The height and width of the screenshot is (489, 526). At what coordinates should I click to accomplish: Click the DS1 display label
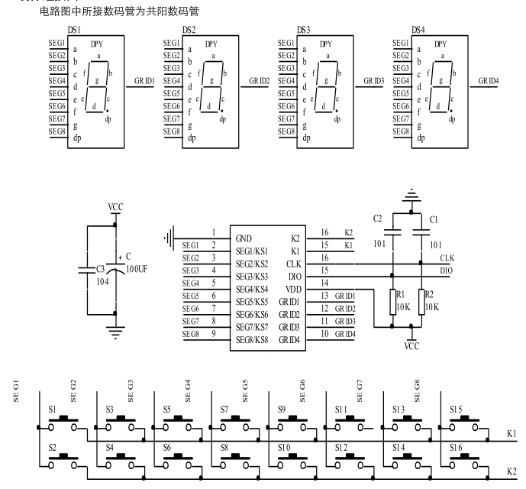tap(74, 29)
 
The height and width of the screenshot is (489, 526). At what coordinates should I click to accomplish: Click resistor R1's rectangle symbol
tap(392, 301)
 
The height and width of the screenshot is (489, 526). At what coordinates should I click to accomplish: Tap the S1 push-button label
tap(53, 410)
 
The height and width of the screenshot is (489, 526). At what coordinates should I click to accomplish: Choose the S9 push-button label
tap(282, 410)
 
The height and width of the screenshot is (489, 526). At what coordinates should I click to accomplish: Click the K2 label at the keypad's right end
tap(511, 472)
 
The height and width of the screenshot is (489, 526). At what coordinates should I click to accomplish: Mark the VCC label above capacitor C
tap(115, 206)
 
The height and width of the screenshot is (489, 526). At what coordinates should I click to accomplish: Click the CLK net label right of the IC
tap(449, 258)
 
